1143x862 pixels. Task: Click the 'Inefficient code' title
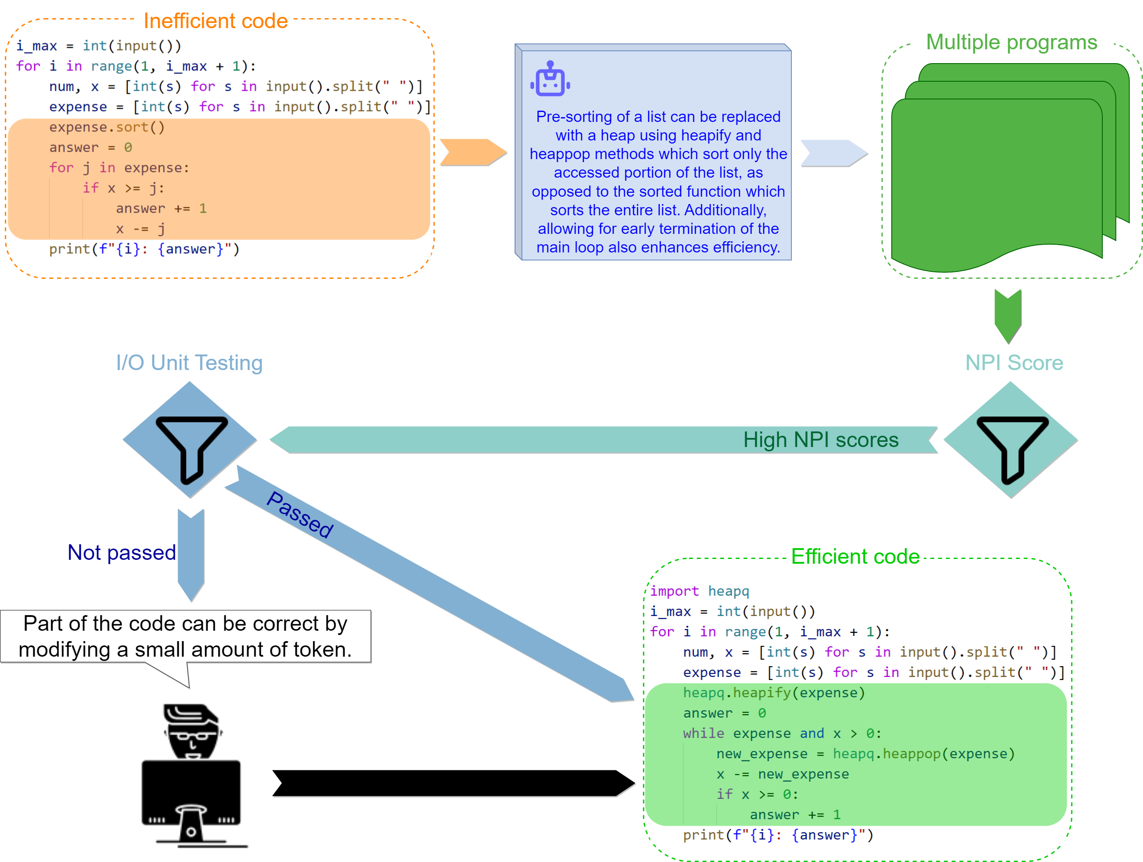tap(215, 21)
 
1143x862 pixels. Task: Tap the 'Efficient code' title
tap(855, 557)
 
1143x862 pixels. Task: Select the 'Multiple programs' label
tap(1011, 42)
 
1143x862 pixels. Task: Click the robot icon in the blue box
tap(550, 80)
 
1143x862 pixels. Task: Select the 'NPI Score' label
tap(1014, 363)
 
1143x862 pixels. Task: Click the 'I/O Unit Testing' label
tap(189, 363)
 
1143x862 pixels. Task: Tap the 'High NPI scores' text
tap(820, 440)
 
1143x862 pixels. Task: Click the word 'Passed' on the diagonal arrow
tap(300, 515)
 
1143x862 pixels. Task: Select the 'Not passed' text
tap(122, 552)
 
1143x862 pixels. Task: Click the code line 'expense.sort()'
tap(106, 127)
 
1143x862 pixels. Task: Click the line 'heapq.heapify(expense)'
tap(774, 693)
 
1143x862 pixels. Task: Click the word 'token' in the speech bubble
tap(322, 650)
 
